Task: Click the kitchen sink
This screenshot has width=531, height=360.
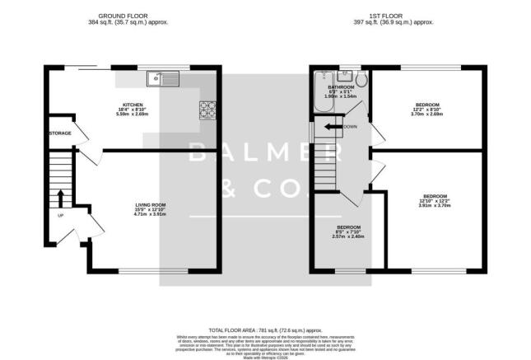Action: click(x=157, y=79)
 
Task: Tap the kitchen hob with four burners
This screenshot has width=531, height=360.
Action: click(x=206, y=108)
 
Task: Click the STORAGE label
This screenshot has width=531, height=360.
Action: click(x=60, y=133)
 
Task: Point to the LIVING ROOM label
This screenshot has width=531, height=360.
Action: click(x=151, y=203)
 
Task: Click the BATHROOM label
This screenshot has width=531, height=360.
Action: click(x=341, y=86)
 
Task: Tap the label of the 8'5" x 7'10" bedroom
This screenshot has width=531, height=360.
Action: click(x=348, y=227)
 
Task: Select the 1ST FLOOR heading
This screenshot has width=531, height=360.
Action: click(x=392, y=16)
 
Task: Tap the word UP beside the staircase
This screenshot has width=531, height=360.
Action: click(x=59, y=216)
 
